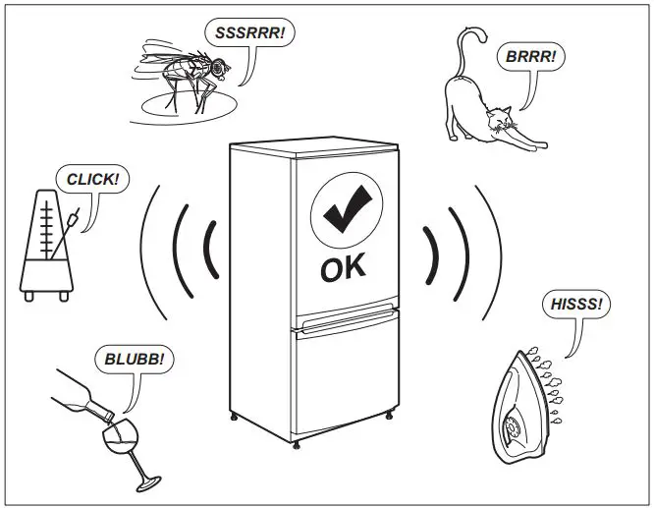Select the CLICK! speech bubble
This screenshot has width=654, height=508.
[x=92, y=179]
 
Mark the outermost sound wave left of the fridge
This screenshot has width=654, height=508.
[x=146, y=251]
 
